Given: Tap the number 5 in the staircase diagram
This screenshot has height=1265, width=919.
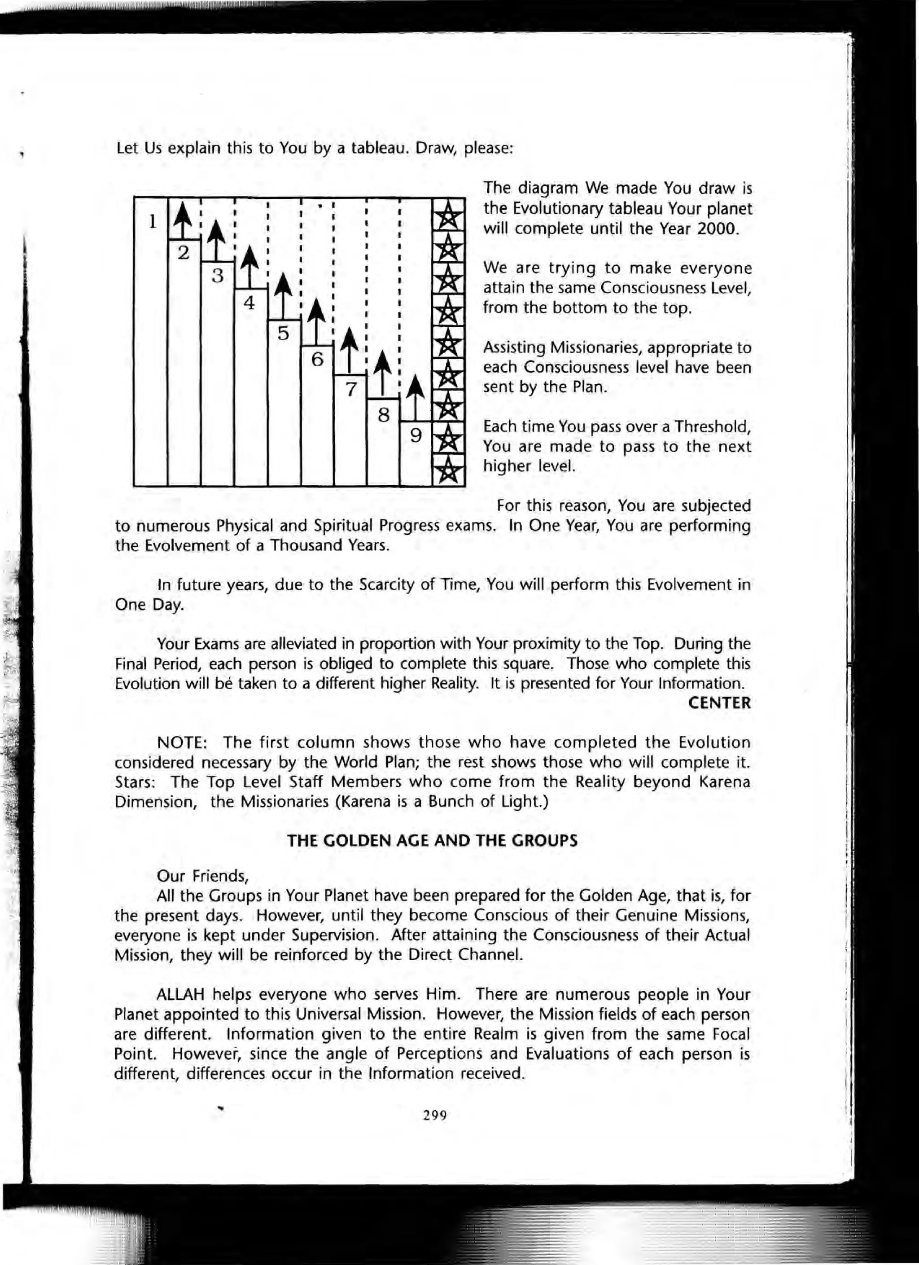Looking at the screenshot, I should [x=283, y=334].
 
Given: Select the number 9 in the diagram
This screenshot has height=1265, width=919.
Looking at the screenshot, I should [x=416, y=435].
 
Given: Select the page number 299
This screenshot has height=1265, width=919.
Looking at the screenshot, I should [x=435, y=1116].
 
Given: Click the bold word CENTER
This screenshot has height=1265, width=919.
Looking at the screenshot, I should [x=719, y=703].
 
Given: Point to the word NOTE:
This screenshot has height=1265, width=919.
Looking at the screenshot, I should [x=182, y=743].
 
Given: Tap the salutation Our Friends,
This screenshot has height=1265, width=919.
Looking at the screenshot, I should [x=202, y=876].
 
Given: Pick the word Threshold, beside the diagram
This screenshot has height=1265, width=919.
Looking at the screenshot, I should [x=712, y=427].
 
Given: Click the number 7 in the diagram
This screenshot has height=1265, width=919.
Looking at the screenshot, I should [x=350, y=388].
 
